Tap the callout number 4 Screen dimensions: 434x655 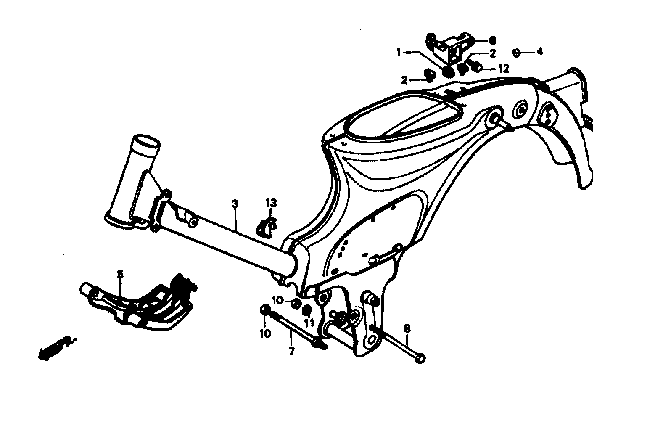pos(540,52)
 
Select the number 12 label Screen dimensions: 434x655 pos(504,69)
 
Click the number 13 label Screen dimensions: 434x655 pos(271,204)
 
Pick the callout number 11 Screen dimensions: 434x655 pos(309,323)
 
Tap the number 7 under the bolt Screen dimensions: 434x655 pos(291,350)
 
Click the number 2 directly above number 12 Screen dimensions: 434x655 pos(492,53)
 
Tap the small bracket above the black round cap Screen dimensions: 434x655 pos(451,46)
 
